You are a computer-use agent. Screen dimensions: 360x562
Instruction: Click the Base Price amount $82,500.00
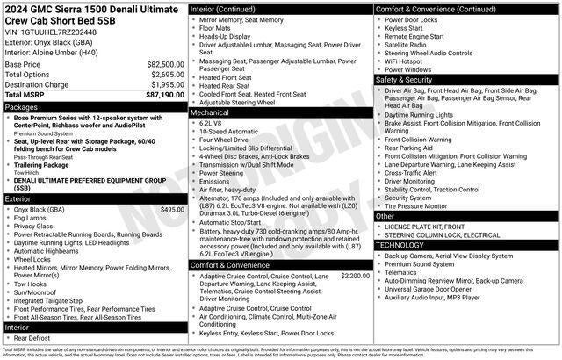coord(165,64)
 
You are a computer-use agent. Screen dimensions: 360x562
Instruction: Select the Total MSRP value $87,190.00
coord(165,94)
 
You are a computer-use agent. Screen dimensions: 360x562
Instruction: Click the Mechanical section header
coord(210,112)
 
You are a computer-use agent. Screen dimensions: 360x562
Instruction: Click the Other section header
coord(385,215)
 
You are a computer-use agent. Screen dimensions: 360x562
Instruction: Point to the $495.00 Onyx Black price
coord(172,210)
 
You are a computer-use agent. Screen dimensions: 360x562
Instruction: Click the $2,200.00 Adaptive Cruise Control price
coord(355,276)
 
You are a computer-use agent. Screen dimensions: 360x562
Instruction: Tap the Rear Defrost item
coord(32,337)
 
